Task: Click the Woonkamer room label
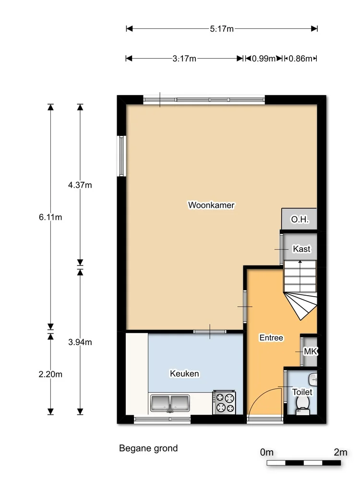211,205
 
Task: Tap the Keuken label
184,373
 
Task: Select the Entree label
271,338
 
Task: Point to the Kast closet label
301,249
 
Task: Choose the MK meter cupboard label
311,352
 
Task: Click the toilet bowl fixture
302,408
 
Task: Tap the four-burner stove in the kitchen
225,402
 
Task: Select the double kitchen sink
170,403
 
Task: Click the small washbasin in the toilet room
313,379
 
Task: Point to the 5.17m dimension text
222,29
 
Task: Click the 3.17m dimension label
184,59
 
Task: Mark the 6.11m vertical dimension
50,217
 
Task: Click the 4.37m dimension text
80,185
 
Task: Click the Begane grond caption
148,448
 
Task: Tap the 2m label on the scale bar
340,452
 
